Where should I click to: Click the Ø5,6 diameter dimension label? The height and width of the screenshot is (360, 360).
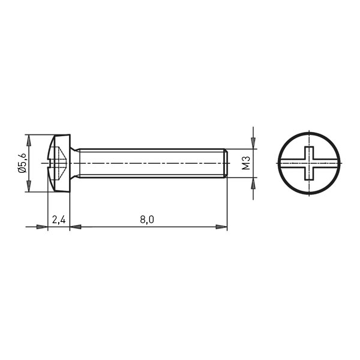[23, 163]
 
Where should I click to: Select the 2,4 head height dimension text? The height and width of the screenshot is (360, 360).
[59, 220]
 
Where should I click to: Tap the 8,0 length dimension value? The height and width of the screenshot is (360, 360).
[147, 220]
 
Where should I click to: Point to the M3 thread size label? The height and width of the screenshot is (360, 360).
[246, 163]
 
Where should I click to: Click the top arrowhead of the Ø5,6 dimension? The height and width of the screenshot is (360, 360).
[29, 140]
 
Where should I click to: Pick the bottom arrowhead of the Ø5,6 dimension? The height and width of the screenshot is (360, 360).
[29, 186]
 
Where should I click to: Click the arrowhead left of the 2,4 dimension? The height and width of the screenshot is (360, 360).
[42, 227]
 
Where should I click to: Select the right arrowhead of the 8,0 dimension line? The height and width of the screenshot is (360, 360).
[221, 227]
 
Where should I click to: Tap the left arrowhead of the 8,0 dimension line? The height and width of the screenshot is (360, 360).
[76, 227]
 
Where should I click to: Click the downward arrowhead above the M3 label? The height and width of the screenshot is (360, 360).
[253, 143]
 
